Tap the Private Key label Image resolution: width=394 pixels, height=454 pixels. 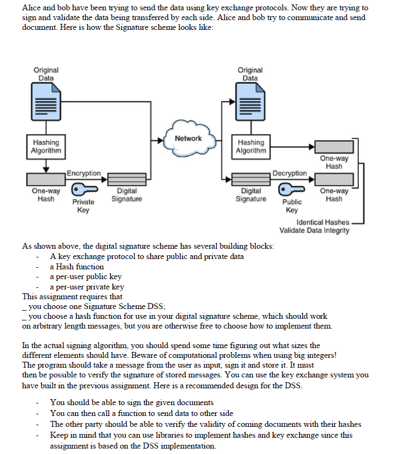click(83, 206)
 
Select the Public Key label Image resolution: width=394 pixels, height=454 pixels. click(291, 206)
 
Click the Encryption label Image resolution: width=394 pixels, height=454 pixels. click(83, 173)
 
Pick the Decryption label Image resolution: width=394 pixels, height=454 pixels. click(289, 173)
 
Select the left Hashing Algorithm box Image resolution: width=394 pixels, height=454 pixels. click(46, 146)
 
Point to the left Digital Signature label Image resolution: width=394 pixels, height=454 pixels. click(127, 195)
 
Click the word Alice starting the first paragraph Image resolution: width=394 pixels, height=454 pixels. click(31, 8)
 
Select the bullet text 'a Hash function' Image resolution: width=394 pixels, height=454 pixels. click(77, 267)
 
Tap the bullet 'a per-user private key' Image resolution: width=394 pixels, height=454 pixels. click(87, 287)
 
